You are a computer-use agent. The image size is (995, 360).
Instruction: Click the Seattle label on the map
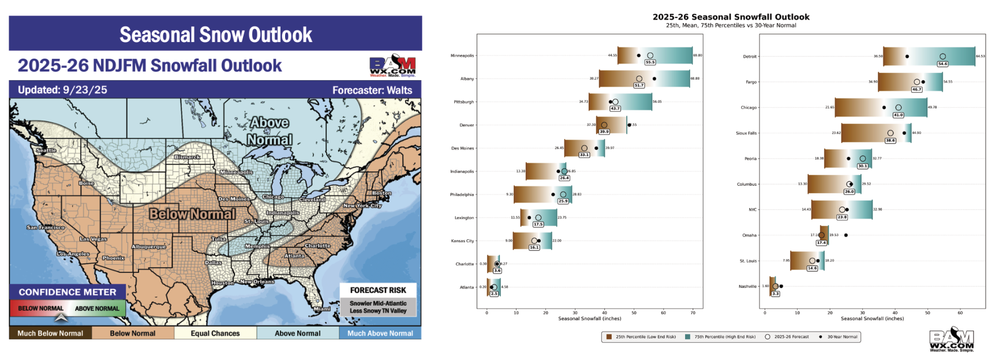[46, 151]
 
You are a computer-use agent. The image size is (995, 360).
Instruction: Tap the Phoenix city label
[113, 258]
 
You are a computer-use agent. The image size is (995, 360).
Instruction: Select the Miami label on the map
[322, 309]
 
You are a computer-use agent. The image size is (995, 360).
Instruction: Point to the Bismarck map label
[188, 157]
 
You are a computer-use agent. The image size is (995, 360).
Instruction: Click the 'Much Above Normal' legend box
[380, 333]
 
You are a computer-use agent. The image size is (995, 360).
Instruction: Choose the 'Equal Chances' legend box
[215, 333]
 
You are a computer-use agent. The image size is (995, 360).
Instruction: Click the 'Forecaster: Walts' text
[372, 90]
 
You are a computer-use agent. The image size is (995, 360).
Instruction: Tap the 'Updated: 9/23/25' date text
[62, 90]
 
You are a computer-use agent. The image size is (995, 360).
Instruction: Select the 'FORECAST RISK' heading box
[378, 290]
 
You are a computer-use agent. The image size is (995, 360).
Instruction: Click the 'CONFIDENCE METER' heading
[68, 292]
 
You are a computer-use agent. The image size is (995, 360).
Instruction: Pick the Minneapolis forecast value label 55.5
[650, 62]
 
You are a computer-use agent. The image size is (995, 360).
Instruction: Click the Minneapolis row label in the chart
[462, 56]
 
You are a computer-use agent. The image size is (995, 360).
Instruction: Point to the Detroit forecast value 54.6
[942, 64]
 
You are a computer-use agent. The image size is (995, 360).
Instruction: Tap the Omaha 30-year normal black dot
[846, 235]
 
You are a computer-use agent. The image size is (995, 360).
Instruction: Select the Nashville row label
[747, 287]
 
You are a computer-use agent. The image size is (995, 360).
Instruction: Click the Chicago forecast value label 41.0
[898, 115]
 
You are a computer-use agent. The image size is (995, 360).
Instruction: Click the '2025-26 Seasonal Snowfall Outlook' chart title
[731, 17]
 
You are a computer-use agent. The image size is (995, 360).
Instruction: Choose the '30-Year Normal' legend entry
[842, 337]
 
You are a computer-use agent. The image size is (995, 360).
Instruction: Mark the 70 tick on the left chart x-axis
[693, 313]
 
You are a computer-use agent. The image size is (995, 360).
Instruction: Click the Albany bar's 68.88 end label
[695, 78]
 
